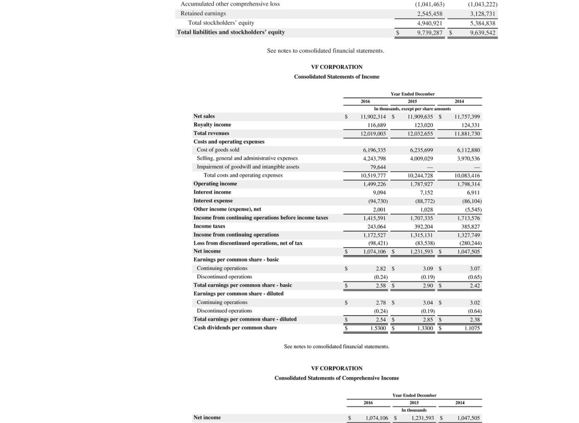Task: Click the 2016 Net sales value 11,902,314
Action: click(x=373, y=117)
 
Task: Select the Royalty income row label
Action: click(x=212, y=125)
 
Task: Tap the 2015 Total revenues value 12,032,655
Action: click(x=420, y=134)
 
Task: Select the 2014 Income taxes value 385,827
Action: click(x=469, y=227)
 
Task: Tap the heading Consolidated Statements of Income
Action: click(x=336, y=77)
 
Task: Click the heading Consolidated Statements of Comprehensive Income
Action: click(x=336, y=378)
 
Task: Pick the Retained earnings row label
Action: click(x=203, y=13)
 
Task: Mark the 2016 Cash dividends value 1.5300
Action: click(x=377, y=328)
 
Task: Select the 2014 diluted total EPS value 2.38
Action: click(x=475, y=319)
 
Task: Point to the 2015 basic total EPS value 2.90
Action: click(x=428, y=285)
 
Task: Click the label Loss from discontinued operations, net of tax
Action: click(x=248, y=243)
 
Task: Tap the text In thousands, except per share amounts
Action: click(x=412, y=109)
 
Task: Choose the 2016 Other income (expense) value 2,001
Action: click(x=379, y=210)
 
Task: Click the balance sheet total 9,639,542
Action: click(x=482, y=32)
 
